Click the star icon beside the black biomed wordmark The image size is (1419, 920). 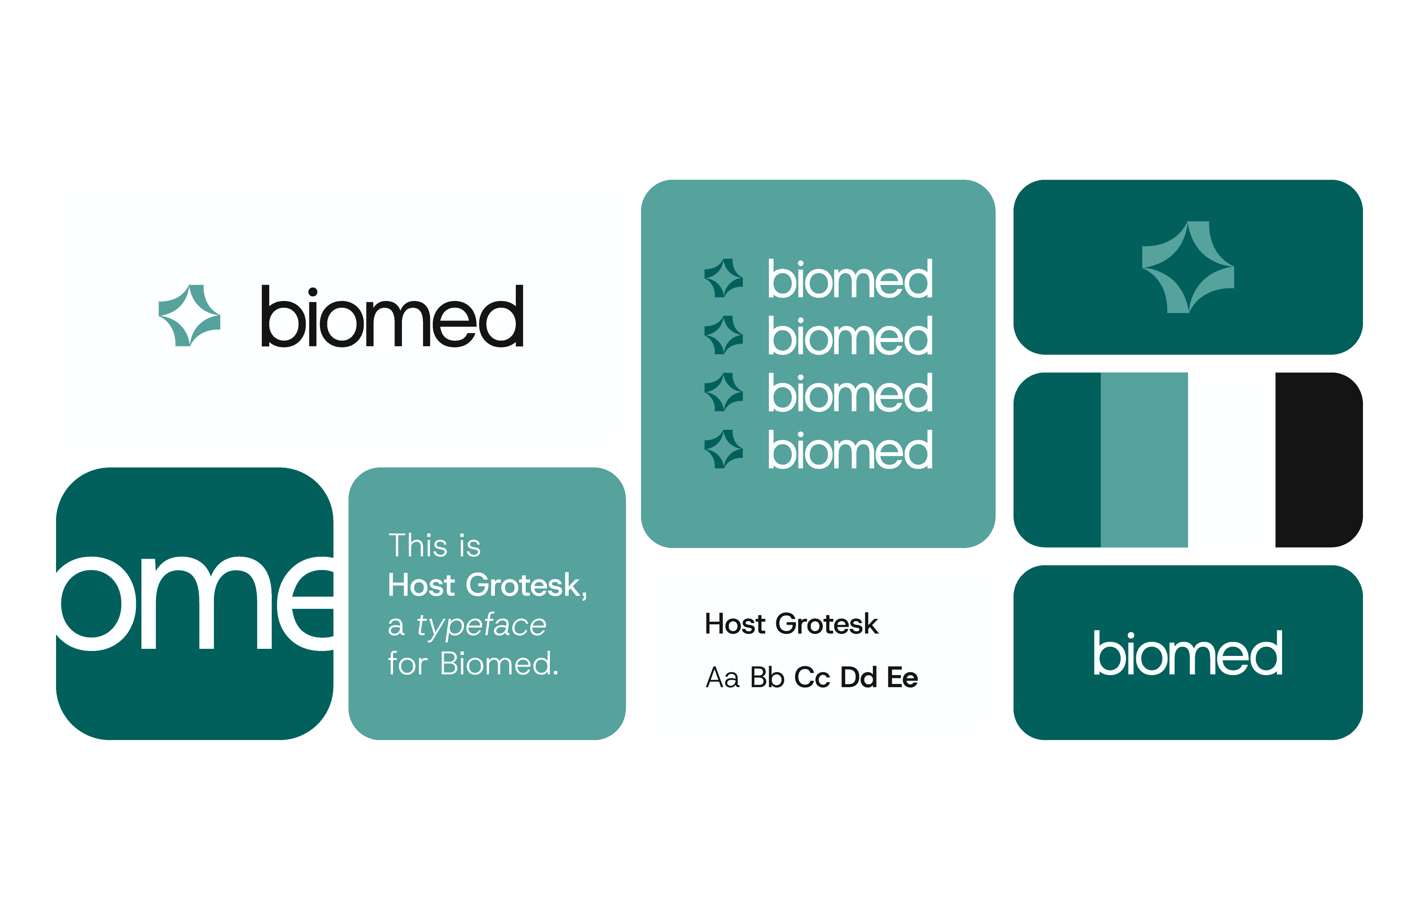pos(189,316)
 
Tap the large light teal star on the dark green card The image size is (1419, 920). pos(1188,267)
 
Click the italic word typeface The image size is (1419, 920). pos(481,625)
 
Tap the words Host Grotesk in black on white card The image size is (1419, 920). pos(791,624)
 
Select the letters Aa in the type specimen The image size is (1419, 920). pos(723,678)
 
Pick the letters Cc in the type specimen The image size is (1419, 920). pos(812,678)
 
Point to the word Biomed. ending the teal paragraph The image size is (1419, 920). pos(499,663)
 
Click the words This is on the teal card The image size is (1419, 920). pos(435,545)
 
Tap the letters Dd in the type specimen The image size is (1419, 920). pos(858,678)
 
